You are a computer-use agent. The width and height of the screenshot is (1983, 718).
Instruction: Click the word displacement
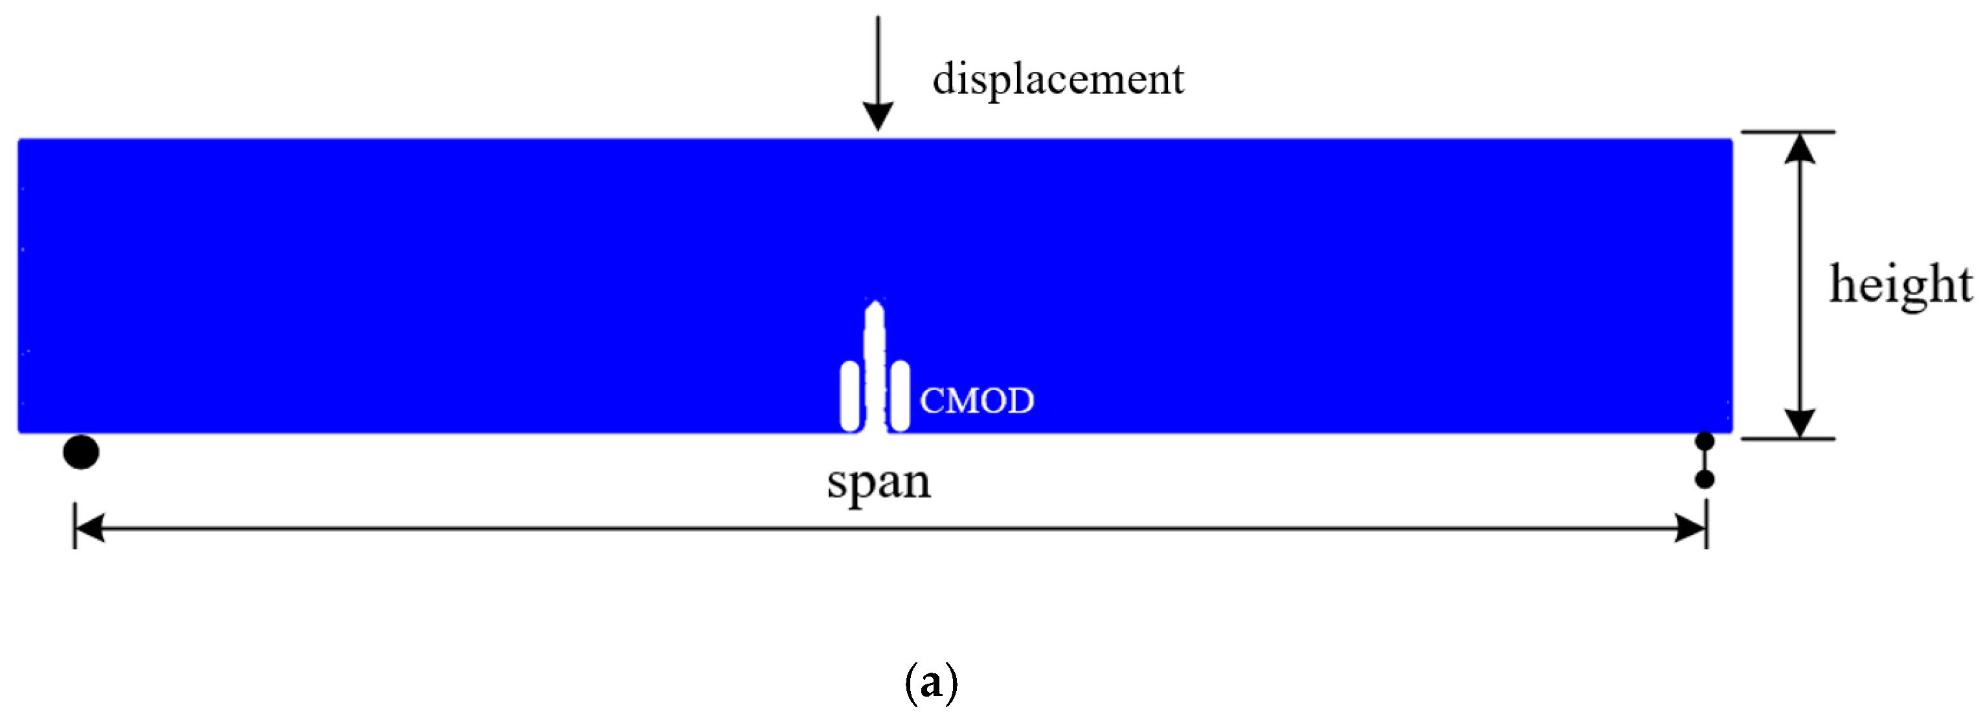click(x=1058, y=79)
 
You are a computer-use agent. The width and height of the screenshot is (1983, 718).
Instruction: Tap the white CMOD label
click(x=976, y=401)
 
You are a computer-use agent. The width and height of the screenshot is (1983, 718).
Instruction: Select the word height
click(x=1901, y=285)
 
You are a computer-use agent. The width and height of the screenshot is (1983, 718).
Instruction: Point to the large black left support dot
click(x=81, y=452)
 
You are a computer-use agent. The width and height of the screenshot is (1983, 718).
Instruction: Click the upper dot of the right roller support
click(x=1705, y=442)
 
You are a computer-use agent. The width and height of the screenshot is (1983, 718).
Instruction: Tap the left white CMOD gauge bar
click(x=850, y=396)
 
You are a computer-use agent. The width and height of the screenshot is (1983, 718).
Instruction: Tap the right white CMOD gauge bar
click(x=899, y=396)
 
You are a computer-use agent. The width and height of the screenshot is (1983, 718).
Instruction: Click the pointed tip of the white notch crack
click(x=875, y=306)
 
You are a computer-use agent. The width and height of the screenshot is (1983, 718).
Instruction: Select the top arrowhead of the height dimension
click(x=1800, y=148)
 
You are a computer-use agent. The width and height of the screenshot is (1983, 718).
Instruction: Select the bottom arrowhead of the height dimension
click(x=1800, y=423)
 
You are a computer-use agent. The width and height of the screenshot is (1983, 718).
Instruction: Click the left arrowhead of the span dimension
click(x=89, y=529)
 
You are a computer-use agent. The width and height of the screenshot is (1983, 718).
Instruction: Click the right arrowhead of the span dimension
click(x=1690, y=529)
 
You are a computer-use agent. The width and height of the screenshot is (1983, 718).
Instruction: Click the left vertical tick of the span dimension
click(x=74, y=526)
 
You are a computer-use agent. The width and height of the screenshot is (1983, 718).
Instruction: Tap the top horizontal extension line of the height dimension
click(x=1787, y=132)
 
